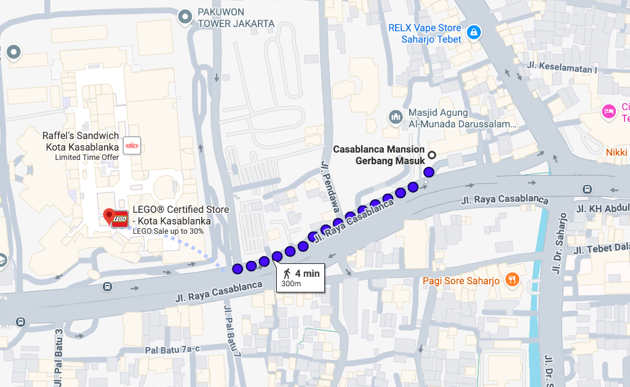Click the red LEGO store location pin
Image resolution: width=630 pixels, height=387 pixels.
110,216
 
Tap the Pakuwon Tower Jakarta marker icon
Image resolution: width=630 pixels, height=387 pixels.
185,18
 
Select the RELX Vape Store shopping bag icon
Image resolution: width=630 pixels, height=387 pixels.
472,33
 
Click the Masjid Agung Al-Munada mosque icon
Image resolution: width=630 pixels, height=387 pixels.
396,116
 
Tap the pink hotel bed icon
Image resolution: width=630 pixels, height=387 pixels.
608,111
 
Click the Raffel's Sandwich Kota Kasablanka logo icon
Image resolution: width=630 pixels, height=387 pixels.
132,145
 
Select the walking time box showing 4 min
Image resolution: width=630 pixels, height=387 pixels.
300,277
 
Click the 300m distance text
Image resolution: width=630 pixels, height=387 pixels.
291,284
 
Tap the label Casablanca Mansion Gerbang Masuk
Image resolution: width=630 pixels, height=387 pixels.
378,155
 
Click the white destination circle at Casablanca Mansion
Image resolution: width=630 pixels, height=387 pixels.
432,155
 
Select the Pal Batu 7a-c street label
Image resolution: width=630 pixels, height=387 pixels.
172,349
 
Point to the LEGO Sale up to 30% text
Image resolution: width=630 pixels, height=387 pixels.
168,231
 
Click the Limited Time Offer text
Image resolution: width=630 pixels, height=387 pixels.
87,158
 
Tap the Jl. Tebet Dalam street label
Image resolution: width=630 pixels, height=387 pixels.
600,247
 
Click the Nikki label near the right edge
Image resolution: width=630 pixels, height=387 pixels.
616,152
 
